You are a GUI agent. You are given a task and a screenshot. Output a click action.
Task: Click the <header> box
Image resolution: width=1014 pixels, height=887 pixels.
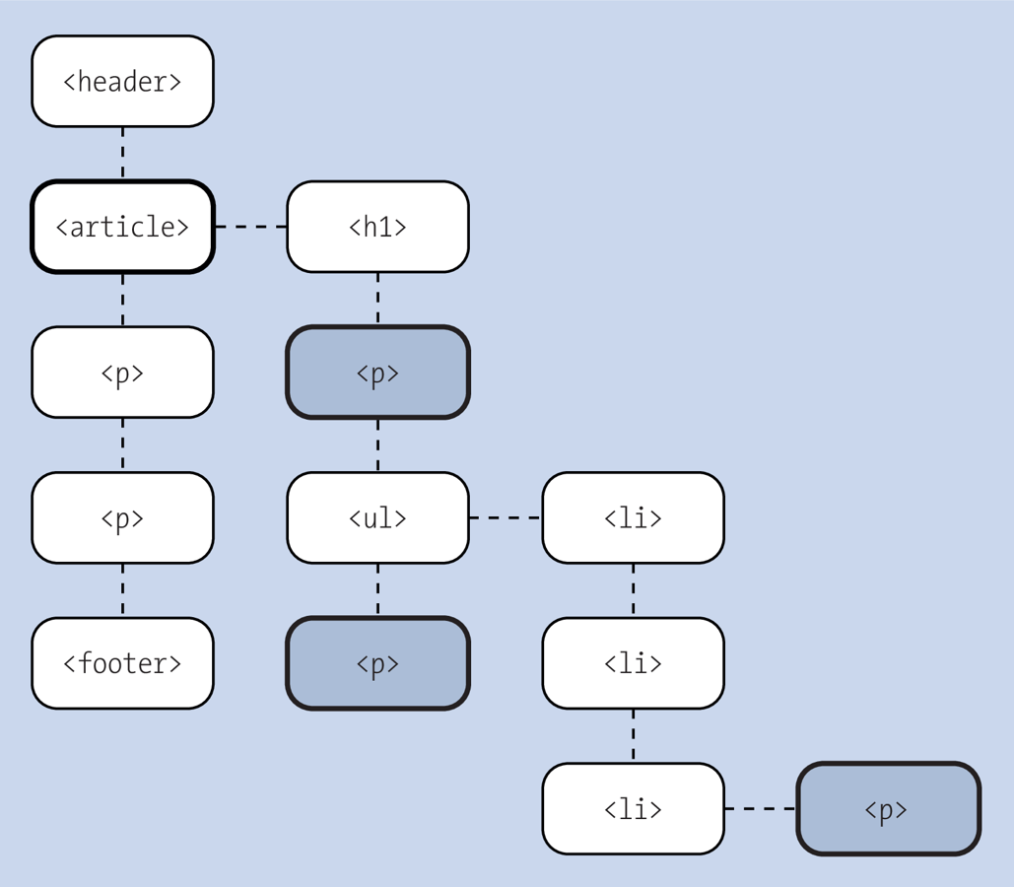(x=122, y=81)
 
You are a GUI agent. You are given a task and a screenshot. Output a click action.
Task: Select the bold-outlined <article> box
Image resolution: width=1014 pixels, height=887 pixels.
(x=122, y=227)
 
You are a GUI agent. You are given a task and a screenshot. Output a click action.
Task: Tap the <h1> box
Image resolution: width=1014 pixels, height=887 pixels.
(x=377, y=227)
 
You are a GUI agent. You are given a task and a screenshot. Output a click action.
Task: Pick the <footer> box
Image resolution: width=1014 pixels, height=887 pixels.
(x=122, y=663)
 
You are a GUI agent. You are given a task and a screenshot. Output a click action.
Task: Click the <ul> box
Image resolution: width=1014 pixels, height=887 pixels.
(x=377, y=517)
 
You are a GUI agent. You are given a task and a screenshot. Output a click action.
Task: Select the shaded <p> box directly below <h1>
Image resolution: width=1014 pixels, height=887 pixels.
(x=377, y=373)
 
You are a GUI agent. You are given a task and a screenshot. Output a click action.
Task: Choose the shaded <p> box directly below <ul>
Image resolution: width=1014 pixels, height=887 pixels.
(x=377, y=663)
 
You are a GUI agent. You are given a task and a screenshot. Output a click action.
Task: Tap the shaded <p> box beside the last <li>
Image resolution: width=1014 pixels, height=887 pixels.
(x=888, y=809)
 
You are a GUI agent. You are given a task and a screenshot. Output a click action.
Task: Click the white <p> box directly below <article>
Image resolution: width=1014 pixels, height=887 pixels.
(x=122, y=373)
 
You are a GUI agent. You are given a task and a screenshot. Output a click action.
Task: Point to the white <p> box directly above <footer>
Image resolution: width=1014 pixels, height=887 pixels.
(x=122, y=517)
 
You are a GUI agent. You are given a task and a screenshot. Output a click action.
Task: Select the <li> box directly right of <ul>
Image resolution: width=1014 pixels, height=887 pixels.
(x=633, y=517)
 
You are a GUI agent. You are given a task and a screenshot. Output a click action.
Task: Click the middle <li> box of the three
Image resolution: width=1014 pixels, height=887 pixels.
(x=633, y=663)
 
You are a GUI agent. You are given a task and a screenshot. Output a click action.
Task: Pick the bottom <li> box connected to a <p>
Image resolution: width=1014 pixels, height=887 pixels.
(x=633, y=809)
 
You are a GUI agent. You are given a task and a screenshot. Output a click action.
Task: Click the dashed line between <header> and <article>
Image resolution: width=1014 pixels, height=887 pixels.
(x=122, y=153)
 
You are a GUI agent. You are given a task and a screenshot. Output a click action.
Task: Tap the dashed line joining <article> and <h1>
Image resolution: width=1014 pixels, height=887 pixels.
(x=250, y=227)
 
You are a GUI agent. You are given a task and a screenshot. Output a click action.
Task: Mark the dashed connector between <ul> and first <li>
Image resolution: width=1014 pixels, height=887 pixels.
(x=506, y=517)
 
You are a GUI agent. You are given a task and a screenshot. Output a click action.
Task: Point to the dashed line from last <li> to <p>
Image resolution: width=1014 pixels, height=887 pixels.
(x=761, y=809)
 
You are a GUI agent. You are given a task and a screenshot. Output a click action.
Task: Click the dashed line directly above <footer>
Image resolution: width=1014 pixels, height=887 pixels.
(x=122, y=590)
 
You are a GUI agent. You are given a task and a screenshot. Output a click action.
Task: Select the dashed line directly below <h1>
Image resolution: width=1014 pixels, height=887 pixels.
(x=377, y=299)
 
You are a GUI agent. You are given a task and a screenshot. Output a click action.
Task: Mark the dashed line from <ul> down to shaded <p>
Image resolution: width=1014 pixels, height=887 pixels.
(x=377, y=590)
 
